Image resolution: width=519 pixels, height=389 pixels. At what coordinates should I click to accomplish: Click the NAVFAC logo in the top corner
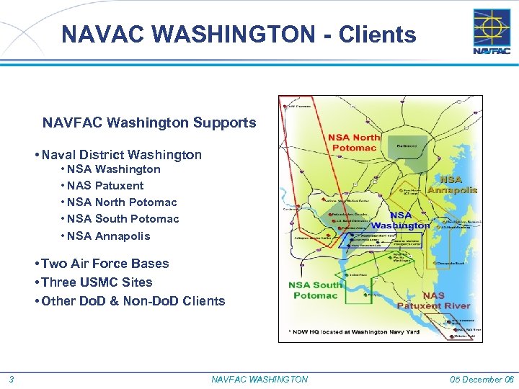492,32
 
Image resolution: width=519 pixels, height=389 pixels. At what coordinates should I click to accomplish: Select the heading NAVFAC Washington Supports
149,122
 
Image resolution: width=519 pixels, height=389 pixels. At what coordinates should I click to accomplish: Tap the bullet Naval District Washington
122,155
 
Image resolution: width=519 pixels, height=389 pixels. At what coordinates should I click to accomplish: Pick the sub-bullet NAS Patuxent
105,186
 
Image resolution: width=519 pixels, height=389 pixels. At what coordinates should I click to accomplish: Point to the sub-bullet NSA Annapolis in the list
108,236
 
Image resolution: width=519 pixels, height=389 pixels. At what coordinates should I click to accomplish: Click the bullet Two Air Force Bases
105,264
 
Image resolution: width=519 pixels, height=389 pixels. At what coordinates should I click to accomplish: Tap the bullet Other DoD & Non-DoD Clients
133,301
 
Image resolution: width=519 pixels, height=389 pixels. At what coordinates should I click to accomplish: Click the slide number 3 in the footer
12,380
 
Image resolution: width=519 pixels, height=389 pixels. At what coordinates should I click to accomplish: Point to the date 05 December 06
482,380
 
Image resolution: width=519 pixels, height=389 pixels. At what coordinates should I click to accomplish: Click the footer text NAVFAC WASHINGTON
259,380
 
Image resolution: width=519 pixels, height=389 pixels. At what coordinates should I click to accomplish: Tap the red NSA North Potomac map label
354,143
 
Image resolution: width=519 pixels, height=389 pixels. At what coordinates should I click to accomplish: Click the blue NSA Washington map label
401,220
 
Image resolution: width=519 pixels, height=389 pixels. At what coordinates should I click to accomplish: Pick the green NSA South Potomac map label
316,290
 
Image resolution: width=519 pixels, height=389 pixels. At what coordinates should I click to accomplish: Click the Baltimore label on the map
400,144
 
